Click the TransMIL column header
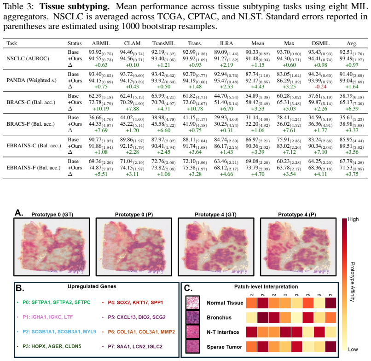point(164,43)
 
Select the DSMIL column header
point(321,43)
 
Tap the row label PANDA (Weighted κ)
point(31,80)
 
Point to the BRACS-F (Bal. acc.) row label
point(30,124)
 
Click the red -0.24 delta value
point(321,87)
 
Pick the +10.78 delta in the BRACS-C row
point(195,109)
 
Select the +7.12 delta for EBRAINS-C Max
point(289,152)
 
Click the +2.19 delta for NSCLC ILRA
point(226,65)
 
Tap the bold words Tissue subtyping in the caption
point(75,6)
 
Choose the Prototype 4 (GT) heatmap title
point(215,215)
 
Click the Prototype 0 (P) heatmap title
point(134,215)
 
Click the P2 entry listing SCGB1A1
point(59,332)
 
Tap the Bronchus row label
point(219,317)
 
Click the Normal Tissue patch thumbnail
point(192,303)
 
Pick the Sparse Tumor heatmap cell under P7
point(330,347)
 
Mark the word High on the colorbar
point(353,220)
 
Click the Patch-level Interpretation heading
point(266,287)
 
